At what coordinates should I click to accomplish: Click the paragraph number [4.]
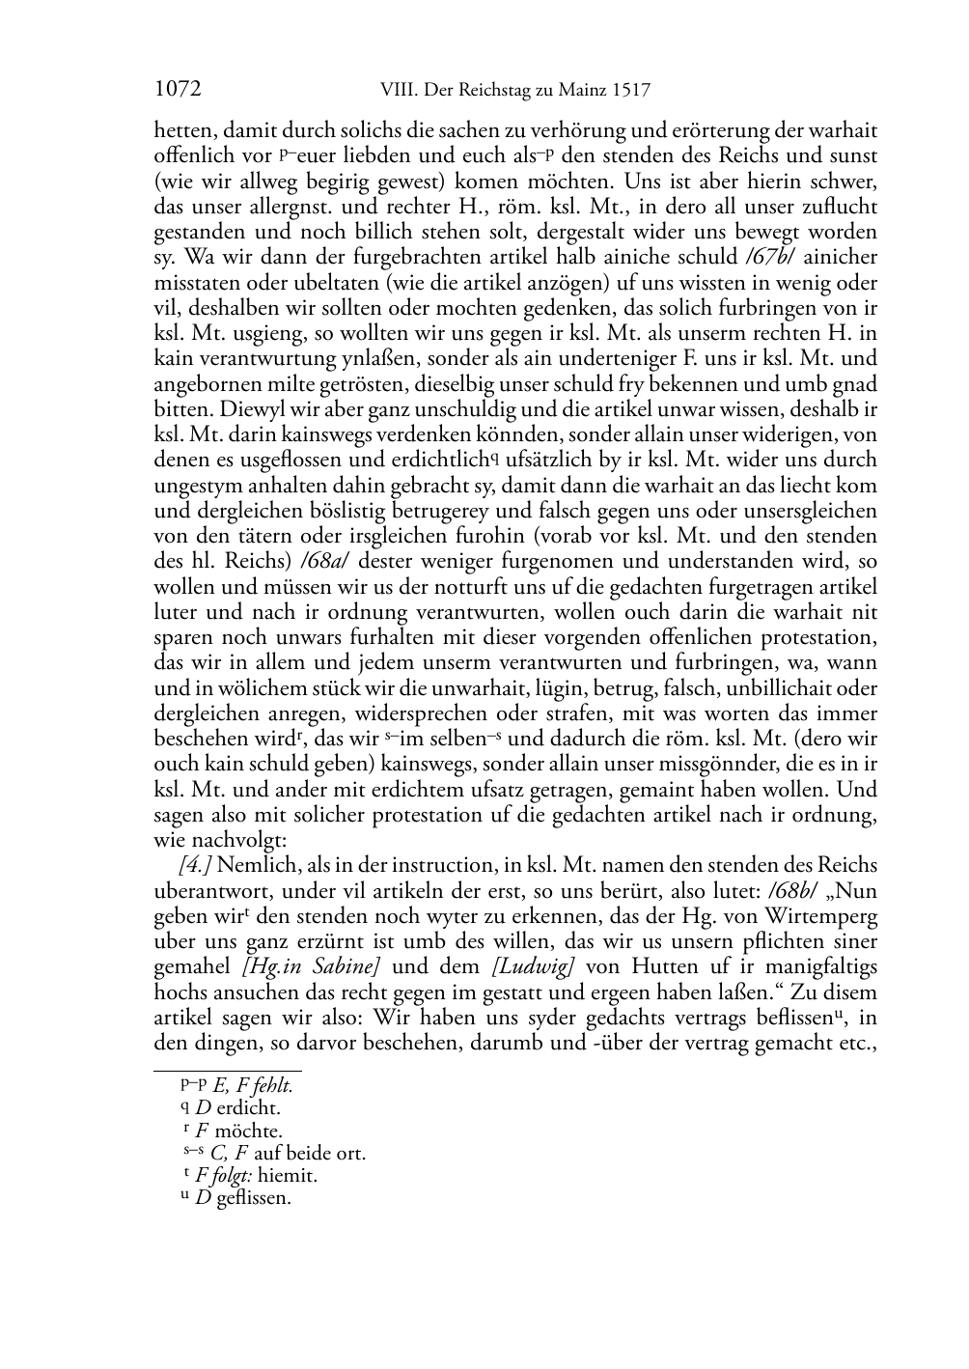point(196,865)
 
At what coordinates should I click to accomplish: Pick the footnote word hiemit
point(288,1176)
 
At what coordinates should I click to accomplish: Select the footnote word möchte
point(249,1131)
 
